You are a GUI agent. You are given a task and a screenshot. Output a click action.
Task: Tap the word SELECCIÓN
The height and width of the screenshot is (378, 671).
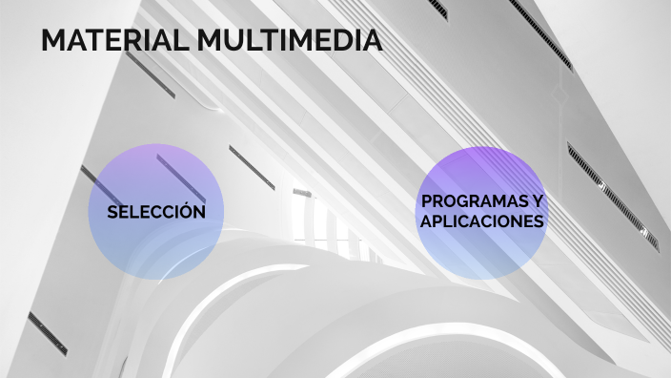[x=156, y=212]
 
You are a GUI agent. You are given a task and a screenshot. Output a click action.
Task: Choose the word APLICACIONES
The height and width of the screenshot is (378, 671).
[x=482, y=221]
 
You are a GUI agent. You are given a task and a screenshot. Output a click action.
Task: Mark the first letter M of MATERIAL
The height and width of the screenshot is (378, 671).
[x=53, y=42]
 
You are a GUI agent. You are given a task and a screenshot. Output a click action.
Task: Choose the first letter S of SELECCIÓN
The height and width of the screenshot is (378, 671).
[x=112, y=212]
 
